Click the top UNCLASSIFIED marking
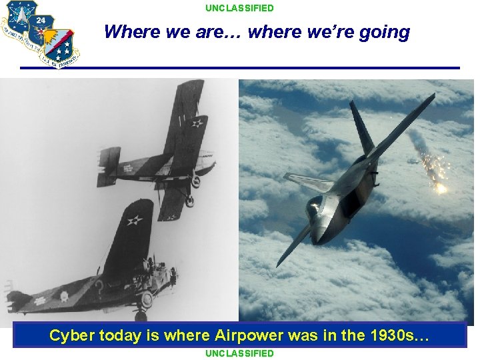point(239,8)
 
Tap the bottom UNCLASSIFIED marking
point(239,353)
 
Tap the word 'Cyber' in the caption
point(72,335)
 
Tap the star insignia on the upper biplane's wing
point(197,123)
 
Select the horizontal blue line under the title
point(240,68)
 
